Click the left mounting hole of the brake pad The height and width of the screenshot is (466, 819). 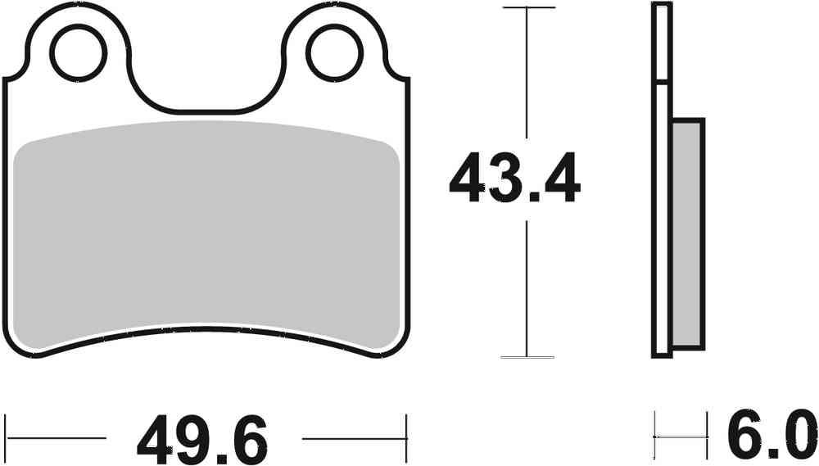click(x=79, y=53)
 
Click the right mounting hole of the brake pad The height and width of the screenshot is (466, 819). click(x=333, y=53)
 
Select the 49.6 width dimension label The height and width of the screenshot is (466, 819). click(x=202, y=440)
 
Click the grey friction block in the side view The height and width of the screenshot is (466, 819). click(x=686, y=233)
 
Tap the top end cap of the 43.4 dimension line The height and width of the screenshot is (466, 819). click(x=526, y=8)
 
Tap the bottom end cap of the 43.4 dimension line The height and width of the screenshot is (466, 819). click(x=526, y=357)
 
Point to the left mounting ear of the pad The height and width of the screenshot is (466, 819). click(x=79, y=33)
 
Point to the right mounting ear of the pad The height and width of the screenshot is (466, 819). click(x=333, y=33)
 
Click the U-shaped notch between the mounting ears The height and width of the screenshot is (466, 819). click(x=206, y=90)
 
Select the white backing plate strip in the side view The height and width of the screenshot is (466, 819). click(x=662, y=221)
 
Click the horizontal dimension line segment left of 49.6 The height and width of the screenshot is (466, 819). click(x=57, y=438)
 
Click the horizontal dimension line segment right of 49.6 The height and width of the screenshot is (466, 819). click(x=352, y=438)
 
